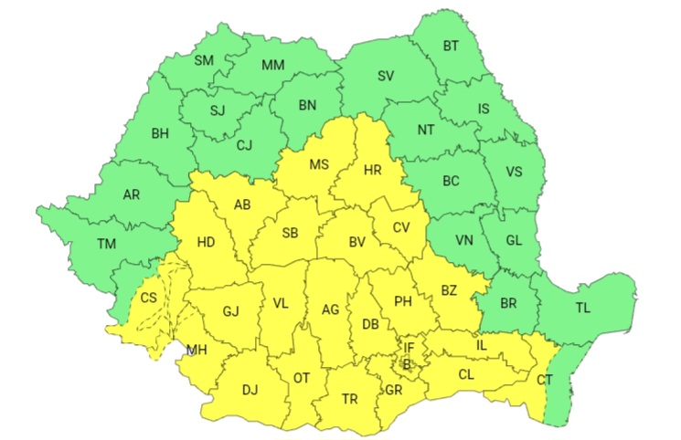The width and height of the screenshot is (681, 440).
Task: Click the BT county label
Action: coord(451,46)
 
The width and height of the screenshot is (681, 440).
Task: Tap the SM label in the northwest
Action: coord(204,60)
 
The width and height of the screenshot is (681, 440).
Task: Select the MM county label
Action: coord(272,65)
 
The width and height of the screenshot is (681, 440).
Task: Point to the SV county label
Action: coord(387,76)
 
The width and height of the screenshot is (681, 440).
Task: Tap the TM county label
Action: coord(107,244)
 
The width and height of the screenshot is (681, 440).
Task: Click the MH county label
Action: coord(197,350)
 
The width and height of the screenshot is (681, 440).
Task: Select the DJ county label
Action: coord(250,390)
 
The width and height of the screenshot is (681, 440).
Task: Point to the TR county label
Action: coord(349,399)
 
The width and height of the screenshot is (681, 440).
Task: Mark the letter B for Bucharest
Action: coord(408,365)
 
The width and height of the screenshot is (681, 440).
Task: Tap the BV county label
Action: coord(356,242)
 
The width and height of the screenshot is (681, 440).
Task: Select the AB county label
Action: coord(242,204)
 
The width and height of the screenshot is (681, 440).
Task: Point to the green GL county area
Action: coord(513,241)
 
